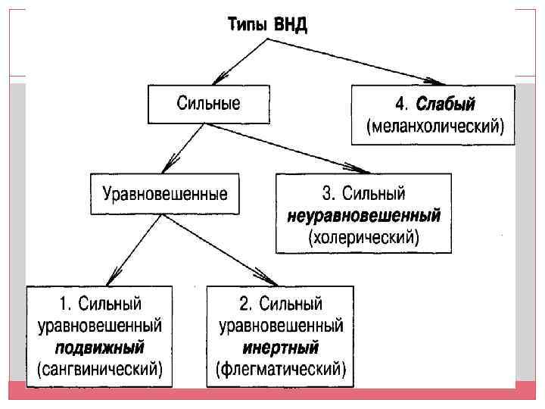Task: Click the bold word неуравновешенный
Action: [x=364, y=216]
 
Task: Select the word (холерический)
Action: [x=364, y=236]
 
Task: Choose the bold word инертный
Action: [x=281, y=348]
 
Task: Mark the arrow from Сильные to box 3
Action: [x=288, y=148]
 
